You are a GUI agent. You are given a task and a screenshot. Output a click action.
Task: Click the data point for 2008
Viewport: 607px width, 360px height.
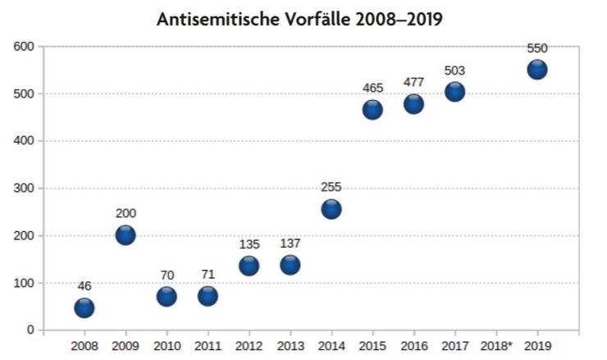[x=84, y=308]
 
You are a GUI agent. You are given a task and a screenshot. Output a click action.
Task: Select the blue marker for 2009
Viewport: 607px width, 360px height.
[x=126, y=235]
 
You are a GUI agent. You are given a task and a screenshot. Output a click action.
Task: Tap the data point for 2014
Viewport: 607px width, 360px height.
[x=331, y=209]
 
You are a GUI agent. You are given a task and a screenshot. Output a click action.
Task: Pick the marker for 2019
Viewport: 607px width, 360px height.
[x=537, y=70]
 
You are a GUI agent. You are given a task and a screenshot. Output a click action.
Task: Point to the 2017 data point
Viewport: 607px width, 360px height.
[x=455, y=92]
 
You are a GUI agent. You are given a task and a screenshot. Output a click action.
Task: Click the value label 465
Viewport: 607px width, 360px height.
[x=372, y=88]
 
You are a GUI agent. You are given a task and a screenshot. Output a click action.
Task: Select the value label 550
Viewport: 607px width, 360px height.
[x=537, y=48]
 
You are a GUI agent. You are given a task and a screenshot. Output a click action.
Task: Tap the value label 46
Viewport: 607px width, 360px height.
[x=84, y=286]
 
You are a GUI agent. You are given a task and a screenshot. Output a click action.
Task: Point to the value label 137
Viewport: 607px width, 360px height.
[x=290, y=244]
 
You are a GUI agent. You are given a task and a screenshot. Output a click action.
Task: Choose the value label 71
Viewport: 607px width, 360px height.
[x=208, y=275]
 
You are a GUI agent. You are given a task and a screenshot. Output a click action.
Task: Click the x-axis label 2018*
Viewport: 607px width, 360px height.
[x=496, y=346]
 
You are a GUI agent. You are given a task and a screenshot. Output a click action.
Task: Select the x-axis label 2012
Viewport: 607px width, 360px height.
[x=249, y=346]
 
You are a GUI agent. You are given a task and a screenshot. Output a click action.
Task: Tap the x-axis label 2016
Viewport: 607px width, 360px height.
[x=414, y=346]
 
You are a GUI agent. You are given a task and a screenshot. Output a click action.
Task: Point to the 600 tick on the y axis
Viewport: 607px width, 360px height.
[x=24, y=47]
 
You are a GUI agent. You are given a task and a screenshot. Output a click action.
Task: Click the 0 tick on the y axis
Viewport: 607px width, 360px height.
[x=30, y=330]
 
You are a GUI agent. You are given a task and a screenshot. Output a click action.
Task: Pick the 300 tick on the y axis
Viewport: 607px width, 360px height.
[x=24, y=188]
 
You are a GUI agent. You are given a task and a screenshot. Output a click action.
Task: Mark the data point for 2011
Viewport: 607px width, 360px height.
[x=208, y=297]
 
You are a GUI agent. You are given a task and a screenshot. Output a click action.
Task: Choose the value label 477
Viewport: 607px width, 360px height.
[x=414, y=83]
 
